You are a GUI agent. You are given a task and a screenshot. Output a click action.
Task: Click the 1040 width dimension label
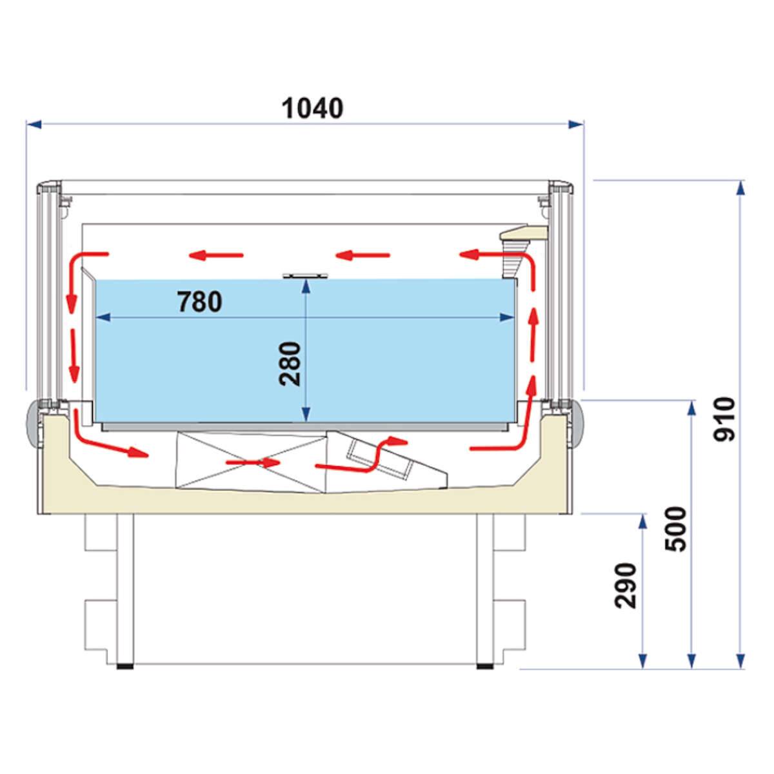[312, 108]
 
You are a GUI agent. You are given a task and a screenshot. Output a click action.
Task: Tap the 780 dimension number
[199, 302]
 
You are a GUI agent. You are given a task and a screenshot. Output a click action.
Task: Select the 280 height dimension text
[290, 364]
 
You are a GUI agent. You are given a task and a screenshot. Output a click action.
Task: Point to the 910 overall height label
[724, 419]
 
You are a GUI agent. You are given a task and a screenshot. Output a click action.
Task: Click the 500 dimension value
[676, 530]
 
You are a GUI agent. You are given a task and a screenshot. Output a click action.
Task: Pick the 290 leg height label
[626, 586]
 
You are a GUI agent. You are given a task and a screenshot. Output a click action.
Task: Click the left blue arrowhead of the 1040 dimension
[34, 124]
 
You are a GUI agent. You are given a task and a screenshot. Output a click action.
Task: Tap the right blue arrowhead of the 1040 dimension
[575, 124]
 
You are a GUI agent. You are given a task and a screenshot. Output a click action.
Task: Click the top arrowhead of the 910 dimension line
[740, 188]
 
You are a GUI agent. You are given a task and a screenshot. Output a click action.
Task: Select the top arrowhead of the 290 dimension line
[643, 521]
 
